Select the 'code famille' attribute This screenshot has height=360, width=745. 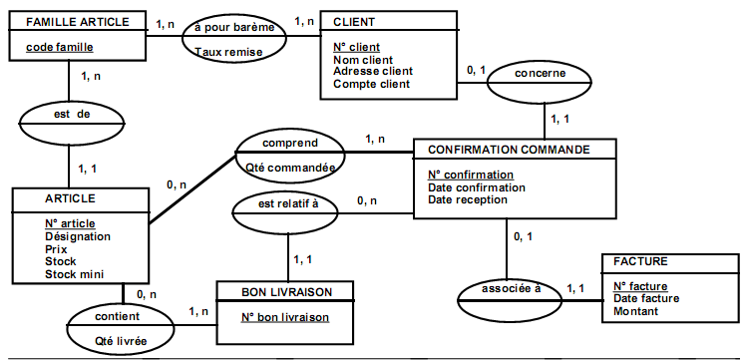(59, 46)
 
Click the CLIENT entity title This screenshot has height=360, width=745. (355, 22)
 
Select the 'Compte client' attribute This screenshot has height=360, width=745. (371, 85)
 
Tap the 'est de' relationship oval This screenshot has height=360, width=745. (72, 115)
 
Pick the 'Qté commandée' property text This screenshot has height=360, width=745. (289, 168)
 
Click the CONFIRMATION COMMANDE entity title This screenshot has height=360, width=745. (508, 150)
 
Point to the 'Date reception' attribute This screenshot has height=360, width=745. (468, 199)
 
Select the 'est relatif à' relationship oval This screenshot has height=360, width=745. (288, 206)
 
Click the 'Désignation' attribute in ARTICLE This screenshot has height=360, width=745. (78, 236)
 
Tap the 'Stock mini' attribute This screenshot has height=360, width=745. (75, 274)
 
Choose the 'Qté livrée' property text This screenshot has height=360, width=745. (121, 341)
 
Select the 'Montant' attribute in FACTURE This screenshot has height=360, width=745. (636, 311)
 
